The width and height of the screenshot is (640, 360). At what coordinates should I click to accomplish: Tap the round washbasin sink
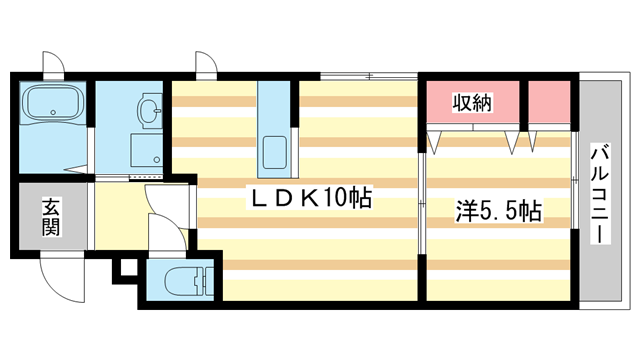coord(150,109)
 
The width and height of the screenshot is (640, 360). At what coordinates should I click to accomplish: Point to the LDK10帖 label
coord(311,198)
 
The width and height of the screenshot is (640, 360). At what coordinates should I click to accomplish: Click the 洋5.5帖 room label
coord(498,211)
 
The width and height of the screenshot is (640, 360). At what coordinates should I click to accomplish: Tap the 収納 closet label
coord(473,102)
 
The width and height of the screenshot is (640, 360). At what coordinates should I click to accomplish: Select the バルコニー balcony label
coord(600,194)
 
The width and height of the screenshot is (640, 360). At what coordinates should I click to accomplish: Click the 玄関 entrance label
coord(51,217)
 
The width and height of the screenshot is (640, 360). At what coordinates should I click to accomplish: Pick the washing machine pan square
coord(147,150)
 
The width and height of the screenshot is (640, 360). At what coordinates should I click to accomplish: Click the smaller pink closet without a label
coord(549,102)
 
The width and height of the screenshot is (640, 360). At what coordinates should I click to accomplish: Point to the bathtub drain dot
coord(53,112)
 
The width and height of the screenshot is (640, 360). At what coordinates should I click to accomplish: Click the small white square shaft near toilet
coord(129,269)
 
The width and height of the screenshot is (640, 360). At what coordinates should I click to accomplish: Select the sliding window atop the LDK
coord(369,76)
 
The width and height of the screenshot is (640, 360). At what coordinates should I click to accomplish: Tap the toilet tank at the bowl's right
coord(206,281)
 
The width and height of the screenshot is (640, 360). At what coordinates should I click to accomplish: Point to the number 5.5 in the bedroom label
coord(499,212)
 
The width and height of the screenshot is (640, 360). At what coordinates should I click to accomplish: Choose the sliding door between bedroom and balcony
coord(575,180)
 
